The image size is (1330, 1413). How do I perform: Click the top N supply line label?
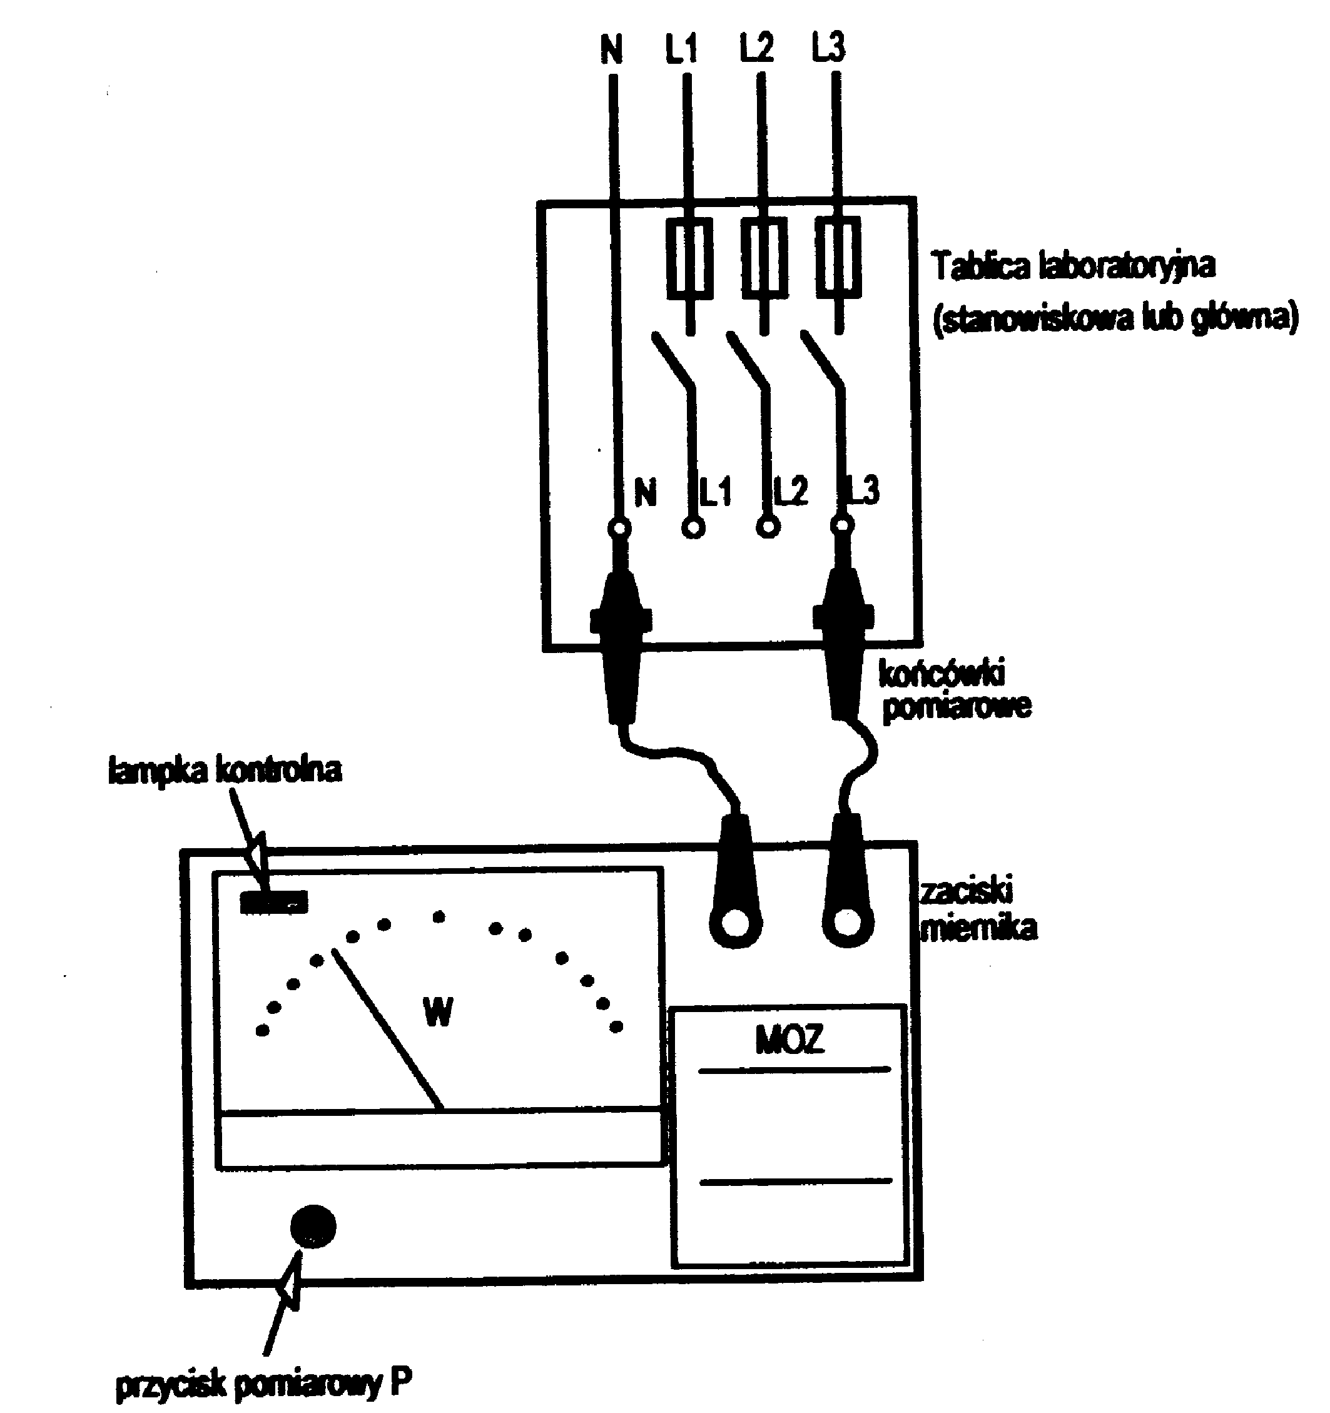pos(611,49)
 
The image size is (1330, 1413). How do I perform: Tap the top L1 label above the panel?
pos(681,48)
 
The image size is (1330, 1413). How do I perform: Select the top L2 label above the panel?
pos(756,48)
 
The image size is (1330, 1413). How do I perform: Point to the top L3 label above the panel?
pos(828,48)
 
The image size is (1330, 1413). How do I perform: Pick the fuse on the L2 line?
pos(764,258)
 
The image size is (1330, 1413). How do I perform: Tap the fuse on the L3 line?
pos(839,258)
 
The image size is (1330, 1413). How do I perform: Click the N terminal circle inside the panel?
pos(619,528)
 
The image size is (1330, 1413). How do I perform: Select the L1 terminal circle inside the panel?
pos(693,528)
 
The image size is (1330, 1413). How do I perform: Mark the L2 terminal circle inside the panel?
pos(767,528)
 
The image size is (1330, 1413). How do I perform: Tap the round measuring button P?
pos(313,1226)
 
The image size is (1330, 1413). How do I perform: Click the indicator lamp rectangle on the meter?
pos(273,902)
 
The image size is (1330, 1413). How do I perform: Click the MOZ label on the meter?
pos(789,1040)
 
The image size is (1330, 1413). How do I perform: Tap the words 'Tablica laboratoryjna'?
pos(1074,266)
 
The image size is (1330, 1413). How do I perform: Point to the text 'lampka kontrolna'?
pos(225,771)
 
